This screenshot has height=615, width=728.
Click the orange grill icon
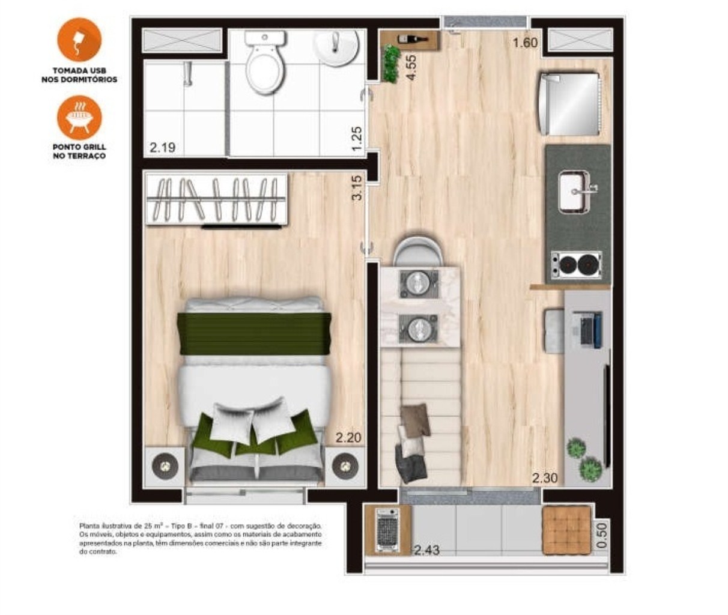[79, 118]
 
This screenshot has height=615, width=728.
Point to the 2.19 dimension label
[162, 147]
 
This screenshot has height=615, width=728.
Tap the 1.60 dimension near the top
[525, 43]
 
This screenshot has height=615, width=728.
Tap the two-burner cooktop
[576, 264]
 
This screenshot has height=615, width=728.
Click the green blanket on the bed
[253, 334]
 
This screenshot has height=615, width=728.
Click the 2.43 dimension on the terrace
[426, 550]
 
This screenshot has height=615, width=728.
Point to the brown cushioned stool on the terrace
[567, 529]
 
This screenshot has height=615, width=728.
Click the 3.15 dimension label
[357, 187]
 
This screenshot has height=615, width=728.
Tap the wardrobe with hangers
[215, 200]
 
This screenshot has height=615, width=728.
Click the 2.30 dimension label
[545, 478]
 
